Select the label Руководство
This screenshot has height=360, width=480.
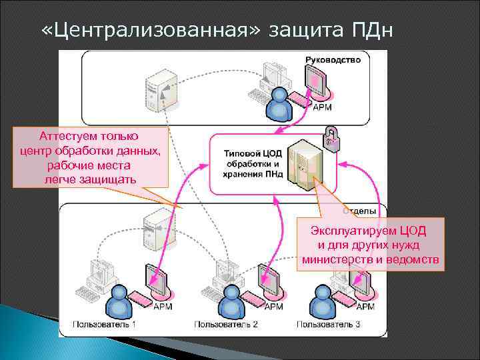333,60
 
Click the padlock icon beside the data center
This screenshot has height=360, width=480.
330,139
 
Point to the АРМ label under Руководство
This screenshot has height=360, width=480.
323,108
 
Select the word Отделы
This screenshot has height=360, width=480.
359,211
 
